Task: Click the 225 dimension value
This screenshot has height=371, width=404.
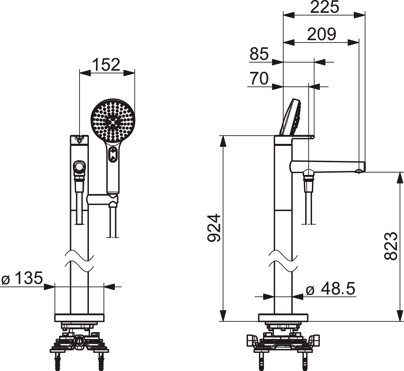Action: pyautogui.click(x=325, y=7)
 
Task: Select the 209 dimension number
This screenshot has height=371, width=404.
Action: pyautogui.click(x=322, y=34)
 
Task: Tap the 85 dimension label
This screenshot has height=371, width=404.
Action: pyautogui.click(x=259, y=54)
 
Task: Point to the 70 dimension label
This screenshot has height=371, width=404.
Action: pyautogui.click(x=259, y=78)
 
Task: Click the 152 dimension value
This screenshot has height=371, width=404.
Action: pyautogui.click(x=106, y=65)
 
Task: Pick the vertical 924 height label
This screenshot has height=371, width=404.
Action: pyautogui.click(x=214, y=228)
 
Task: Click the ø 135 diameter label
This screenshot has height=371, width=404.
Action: pyautogui.click(x=22, y=278)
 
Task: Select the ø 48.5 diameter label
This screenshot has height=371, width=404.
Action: pyautogui.click(x=331, y=289)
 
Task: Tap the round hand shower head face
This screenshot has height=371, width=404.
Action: pyautogui.click(x=113, y=120)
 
